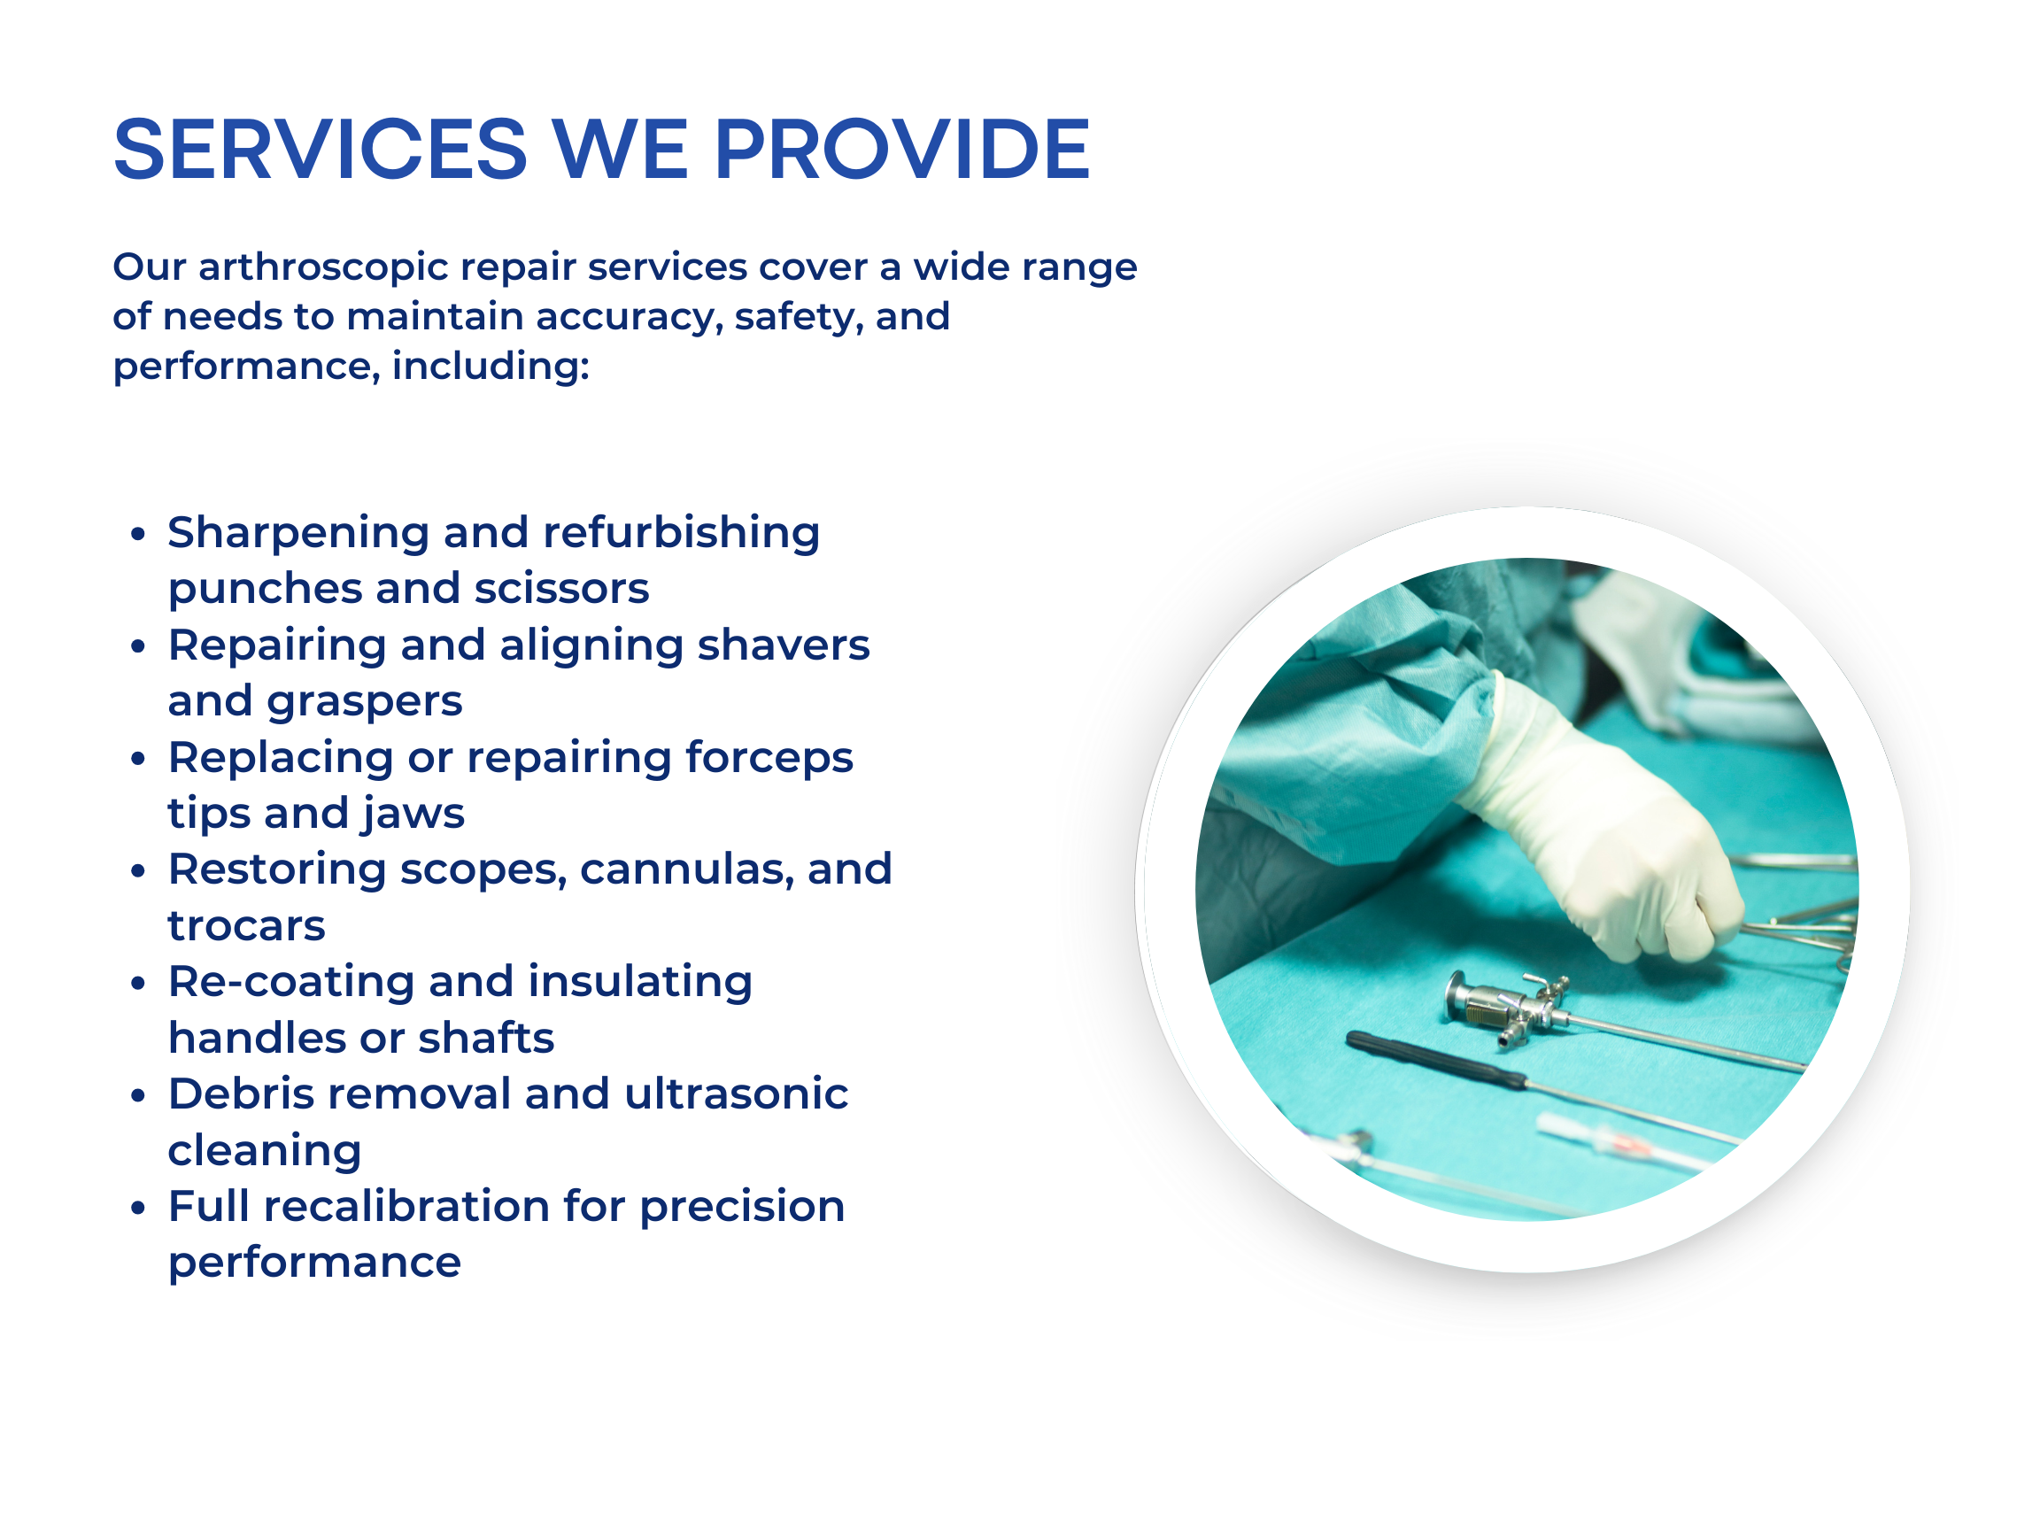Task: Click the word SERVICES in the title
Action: pyautogui.click(x=320, y=150)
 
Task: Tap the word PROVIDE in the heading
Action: pyautogui.click(x=903, y=150)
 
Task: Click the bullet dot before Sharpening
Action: pyautogui.click(x=138, y=534)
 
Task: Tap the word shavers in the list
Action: pyautogui.click(x=783, y=645)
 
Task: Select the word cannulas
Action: pyautogui.click(x=686, y=869)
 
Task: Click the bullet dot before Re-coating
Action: pyautogui.click(x=138, y=983)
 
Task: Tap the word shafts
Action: pyautogui.click(x=486, y=1038)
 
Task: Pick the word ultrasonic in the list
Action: pyautogui.click(x=736, y=1093)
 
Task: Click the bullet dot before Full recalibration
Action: pyautogui.click(x=138, y=1208)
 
